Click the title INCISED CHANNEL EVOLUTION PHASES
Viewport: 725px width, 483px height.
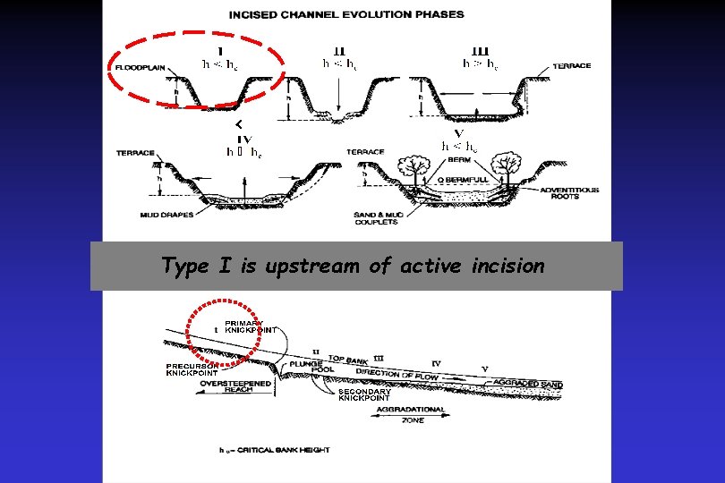coord(346,14)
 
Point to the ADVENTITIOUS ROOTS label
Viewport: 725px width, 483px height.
coord(569,193)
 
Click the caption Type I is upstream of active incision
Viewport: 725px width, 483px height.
coord(353,266)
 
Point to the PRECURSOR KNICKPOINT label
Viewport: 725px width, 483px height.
coord(192,369)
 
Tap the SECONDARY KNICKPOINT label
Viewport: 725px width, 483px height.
coord(364,394)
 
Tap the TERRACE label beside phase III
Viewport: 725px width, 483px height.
coord(572,65)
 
